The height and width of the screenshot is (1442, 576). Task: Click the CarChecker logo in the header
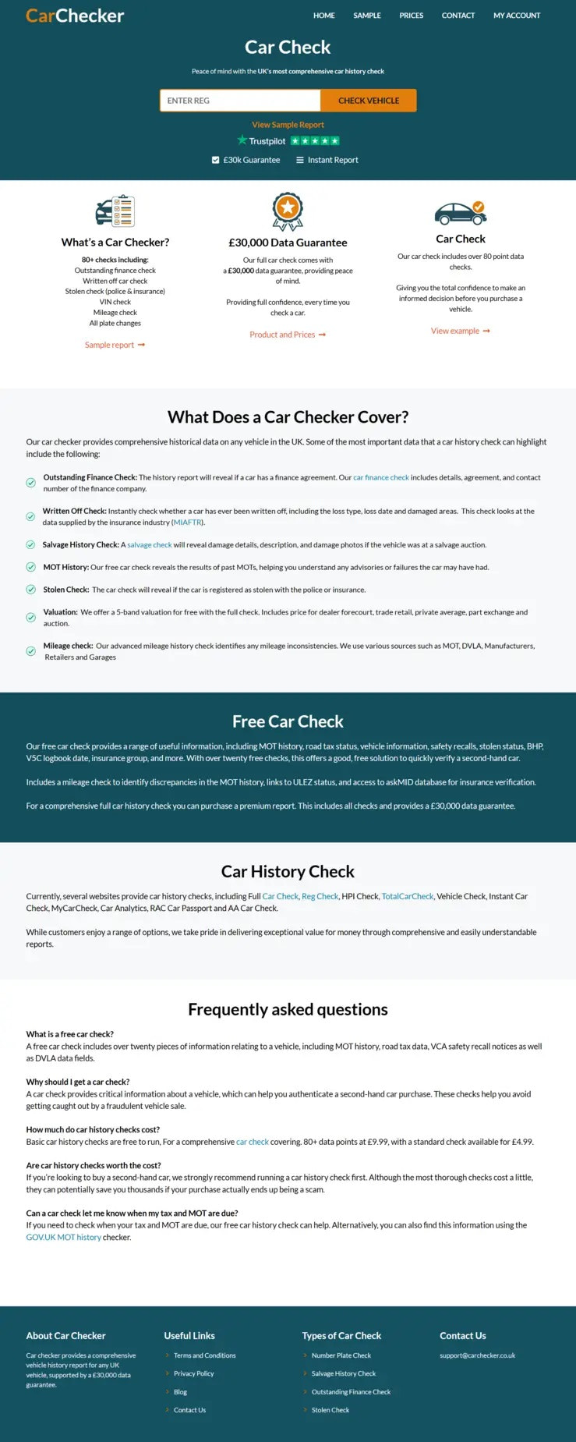[75, 16]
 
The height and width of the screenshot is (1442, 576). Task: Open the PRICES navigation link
[411, 16]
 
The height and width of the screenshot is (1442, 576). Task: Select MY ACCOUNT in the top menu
[516, 16]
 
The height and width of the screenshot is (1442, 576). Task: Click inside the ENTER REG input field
[239, 101]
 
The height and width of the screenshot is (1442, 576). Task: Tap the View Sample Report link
[288, 125]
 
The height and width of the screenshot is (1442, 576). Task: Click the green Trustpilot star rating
[315, 141]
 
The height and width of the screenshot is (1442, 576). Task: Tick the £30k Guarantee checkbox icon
[216, 160]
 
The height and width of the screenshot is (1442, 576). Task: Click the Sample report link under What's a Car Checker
[115, 345]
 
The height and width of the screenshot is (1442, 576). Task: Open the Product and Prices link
[287, 335]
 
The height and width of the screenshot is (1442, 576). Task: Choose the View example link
[460, 331]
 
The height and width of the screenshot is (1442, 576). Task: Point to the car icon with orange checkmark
[460, 211]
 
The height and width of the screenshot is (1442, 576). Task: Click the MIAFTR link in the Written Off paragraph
[187, 523]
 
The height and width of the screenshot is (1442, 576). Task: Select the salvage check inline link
[149, 545]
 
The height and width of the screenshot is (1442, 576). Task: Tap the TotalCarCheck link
[408, 897]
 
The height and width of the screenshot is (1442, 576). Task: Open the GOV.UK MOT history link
[63, 1238]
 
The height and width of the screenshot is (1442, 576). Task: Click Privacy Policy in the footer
[193, 1373]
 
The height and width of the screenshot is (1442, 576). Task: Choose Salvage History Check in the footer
[343, 1373]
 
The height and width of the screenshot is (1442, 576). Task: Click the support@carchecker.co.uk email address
[477, 1355]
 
